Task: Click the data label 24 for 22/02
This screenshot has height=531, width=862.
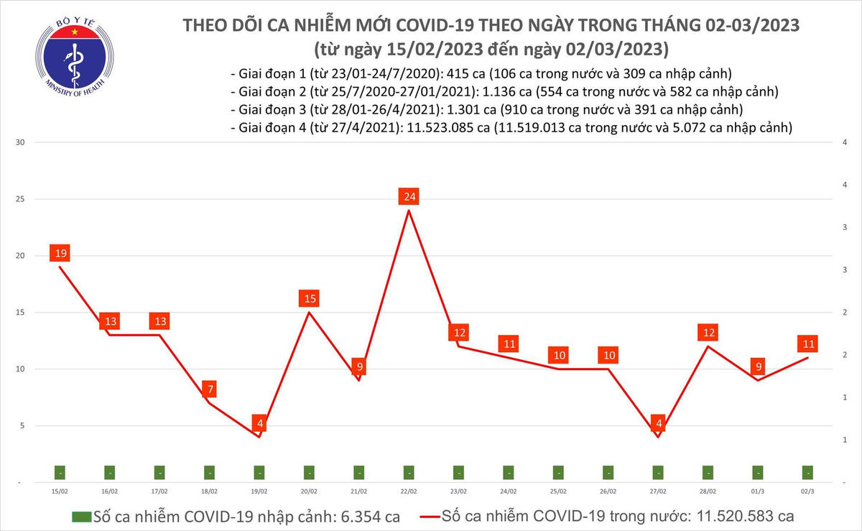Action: point(409,196)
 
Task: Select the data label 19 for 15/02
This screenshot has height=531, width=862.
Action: point(60,253)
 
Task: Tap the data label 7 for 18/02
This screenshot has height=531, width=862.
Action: point(210,389)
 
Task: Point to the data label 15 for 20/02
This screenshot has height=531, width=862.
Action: point(310,298)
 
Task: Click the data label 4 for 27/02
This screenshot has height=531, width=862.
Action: point(658,423)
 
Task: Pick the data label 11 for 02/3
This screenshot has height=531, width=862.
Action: point(808,343)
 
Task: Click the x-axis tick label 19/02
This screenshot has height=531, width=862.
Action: point(259,491)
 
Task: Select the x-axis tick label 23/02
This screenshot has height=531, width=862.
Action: point(458,491)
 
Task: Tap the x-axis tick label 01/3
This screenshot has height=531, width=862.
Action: point(757,491)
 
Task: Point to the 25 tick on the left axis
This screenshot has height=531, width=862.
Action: point(20,199)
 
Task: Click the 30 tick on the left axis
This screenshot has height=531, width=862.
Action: point(20,142)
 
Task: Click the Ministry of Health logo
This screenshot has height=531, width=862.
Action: point(75,52)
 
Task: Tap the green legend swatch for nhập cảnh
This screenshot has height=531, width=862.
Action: point(81,517)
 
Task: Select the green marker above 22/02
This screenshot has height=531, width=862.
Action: point(409,473)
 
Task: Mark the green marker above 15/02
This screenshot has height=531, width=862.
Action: point(60,473)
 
